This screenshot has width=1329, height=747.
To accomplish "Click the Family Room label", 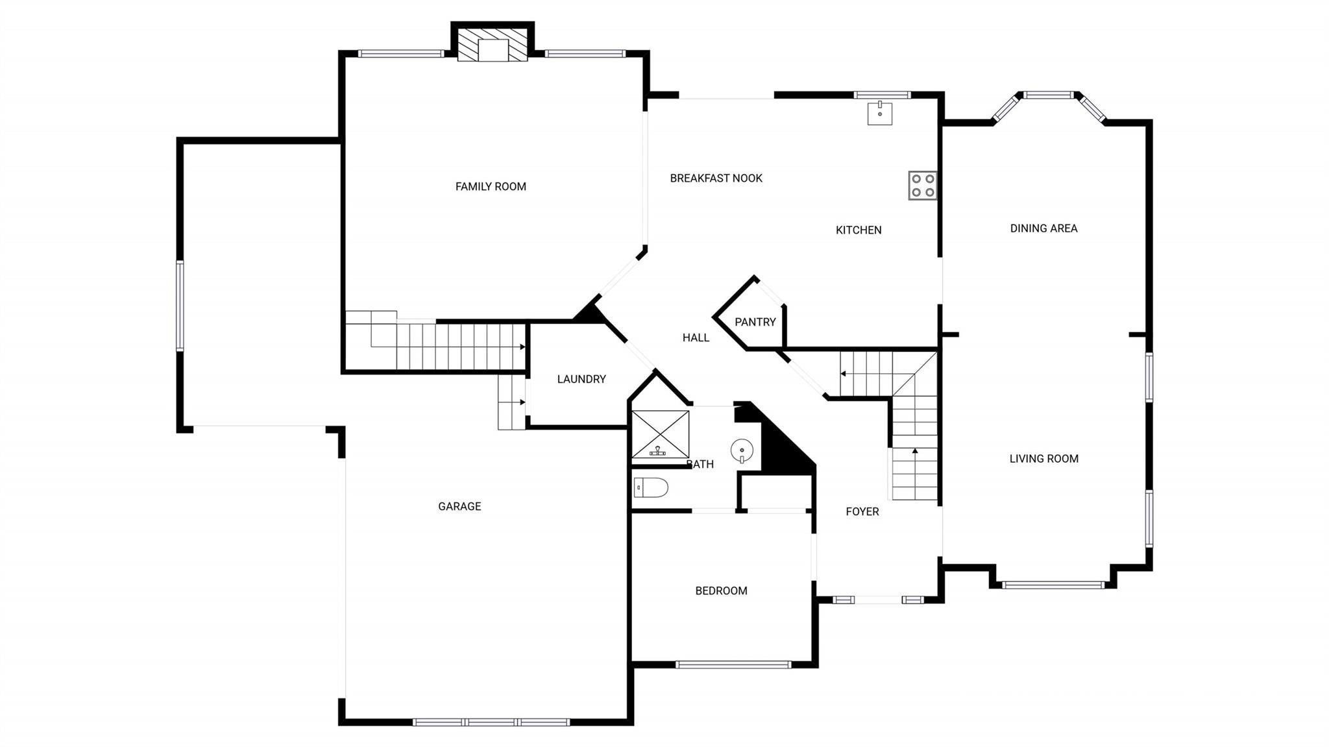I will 491,187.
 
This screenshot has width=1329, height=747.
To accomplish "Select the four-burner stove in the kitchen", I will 922,185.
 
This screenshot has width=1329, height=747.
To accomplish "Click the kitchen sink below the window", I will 880,114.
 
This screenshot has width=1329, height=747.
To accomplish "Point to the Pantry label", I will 755,322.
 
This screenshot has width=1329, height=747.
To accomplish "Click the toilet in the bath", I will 651,487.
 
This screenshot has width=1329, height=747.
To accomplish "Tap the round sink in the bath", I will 742,450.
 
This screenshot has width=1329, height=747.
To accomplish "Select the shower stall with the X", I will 660,433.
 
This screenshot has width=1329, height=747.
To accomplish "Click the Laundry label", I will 581,379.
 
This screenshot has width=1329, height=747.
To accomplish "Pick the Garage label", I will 459,506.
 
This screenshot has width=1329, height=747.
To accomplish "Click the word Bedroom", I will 721,591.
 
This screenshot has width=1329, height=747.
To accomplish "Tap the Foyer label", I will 862,511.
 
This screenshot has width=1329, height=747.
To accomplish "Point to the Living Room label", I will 1043,459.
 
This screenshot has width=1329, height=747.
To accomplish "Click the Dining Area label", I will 1043,228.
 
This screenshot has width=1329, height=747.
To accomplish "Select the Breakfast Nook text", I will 716,178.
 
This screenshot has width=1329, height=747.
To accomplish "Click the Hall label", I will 696,337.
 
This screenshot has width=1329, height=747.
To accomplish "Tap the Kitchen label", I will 858,230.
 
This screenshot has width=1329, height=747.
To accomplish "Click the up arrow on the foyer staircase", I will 915,450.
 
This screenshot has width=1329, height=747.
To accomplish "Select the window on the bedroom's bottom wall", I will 733,665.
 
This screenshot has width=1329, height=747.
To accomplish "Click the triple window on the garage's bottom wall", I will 491,722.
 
